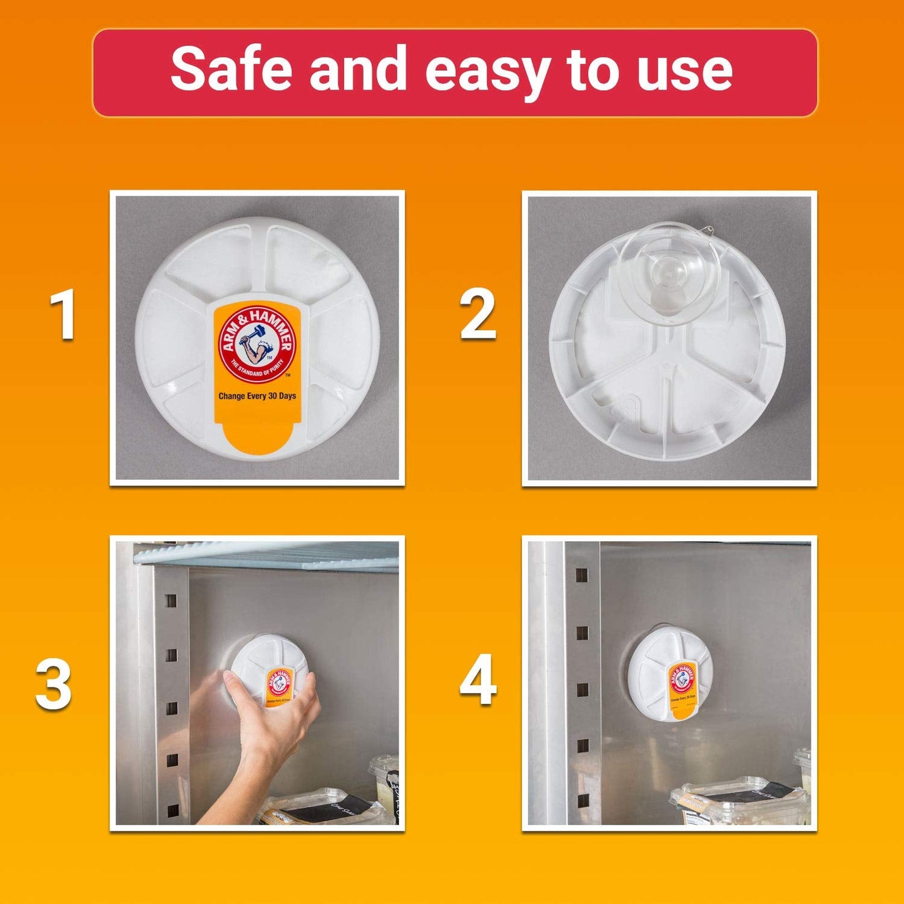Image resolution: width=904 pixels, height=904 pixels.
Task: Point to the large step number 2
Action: coord(478,315)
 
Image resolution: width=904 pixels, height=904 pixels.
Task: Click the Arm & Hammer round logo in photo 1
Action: coord(256,343)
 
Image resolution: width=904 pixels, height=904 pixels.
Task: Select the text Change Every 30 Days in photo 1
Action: coord(256,396)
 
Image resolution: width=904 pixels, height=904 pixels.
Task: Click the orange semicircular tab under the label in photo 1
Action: coord(256,438)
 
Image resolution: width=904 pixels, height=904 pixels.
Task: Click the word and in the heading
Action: coord(358,69)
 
